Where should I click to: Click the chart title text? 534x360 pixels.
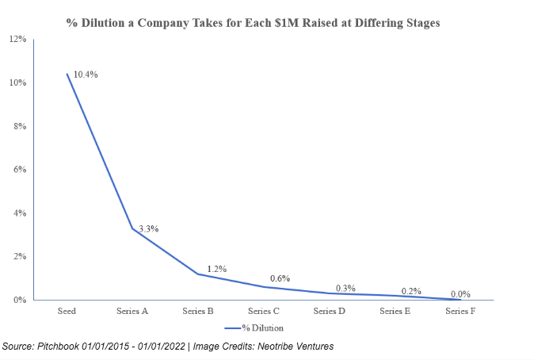pyautogui.click(x=253, y=23)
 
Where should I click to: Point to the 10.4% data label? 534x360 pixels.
pyautogui.click(x=86, y=75)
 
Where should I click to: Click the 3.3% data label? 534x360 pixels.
pyautogui.click(x=148, y=228)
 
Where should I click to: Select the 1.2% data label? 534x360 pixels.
pyautogui.click(x=217, y=269)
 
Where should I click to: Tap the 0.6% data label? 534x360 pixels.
pyautogui.click(x=280, y=278)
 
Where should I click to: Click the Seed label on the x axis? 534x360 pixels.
pyautogui.click(x=67, y=312)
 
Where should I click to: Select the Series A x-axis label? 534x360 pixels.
pyautogui.click(x=132, y=312)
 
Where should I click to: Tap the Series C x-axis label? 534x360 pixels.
pyautogui.click(x=263, y=312)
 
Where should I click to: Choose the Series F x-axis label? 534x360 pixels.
pyautogui.click(x=460, y=312)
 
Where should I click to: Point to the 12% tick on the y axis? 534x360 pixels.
pyautogui.click(x=17, y=39)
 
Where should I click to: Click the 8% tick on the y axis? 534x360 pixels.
pyautogui.click(x=20, y=126)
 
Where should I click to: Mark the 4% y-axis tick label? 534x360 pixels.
pyautogui.click(x=20, y=213)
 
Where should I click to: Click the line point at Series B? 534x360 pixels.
pyautogui.click(x=198, y=274)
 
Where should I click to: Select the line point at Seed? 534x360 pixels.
pyautogui.click(x=67, y=75)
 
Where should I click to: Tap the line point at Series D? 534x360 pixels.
pyautogui.click(x=330, y=293)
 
